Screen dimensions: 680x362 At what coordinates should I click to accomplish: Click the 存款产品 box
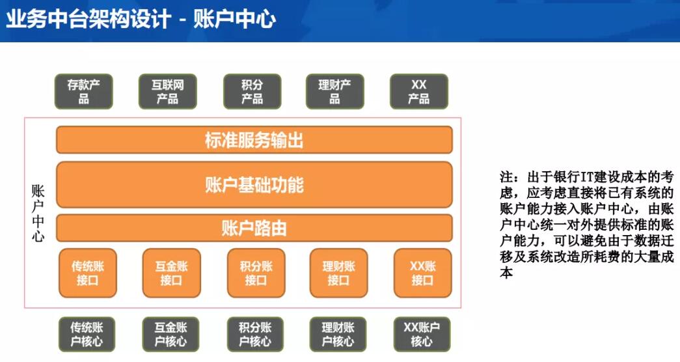point(84,92)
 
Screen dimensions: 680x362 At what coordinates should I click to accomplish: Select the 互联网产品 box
point(168,92)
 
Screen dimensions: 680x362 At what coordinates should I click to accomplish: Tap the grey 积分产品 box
point(252,92)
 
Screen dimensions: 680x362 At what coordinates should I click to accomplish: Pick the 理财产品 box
point(335,92)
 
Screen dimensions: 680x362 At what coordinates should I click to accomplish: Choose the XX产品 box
point(419,92)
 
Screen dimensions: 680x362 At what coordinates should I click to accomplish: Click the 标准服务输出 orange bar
point(254,140)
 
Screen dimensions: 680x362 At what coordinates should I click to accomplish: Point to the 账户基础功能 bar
point(254,185)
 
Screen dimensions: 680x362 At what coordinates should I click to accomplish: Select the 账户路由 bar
point(254,228)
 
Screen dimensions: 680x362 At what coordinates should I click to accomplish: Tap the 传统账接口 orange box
point(88,273)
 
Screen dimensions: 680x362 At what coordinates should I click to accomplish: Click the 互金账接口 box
point(172,273)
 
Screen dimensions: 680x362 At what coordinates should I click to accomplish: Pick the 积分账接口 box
point(256,273)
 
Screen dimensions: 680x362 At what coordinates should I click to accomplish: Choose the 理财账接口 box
point(339,273)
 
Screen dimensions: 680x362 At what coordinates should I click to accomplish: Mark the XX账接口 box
point(423,273)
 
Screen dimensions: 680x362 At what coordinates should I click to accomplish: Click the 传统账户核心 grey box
point(87,334)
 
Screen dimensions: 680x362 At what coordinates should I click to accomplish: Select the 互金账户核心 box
point(171,334)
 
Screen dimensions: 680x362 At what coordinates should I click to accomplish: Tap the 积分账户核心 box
point(255,334)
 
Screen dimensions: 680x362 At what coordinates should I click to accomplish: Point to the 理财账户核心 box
point(338,334)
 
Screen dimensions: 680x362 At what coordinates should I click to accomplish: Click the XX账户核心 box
point(422,334)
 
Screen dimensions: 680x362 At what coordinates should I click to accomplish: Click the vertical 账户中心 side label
point(38,213)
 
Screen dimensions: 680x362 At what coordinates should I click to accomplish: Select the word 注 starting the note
point(506,177)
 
